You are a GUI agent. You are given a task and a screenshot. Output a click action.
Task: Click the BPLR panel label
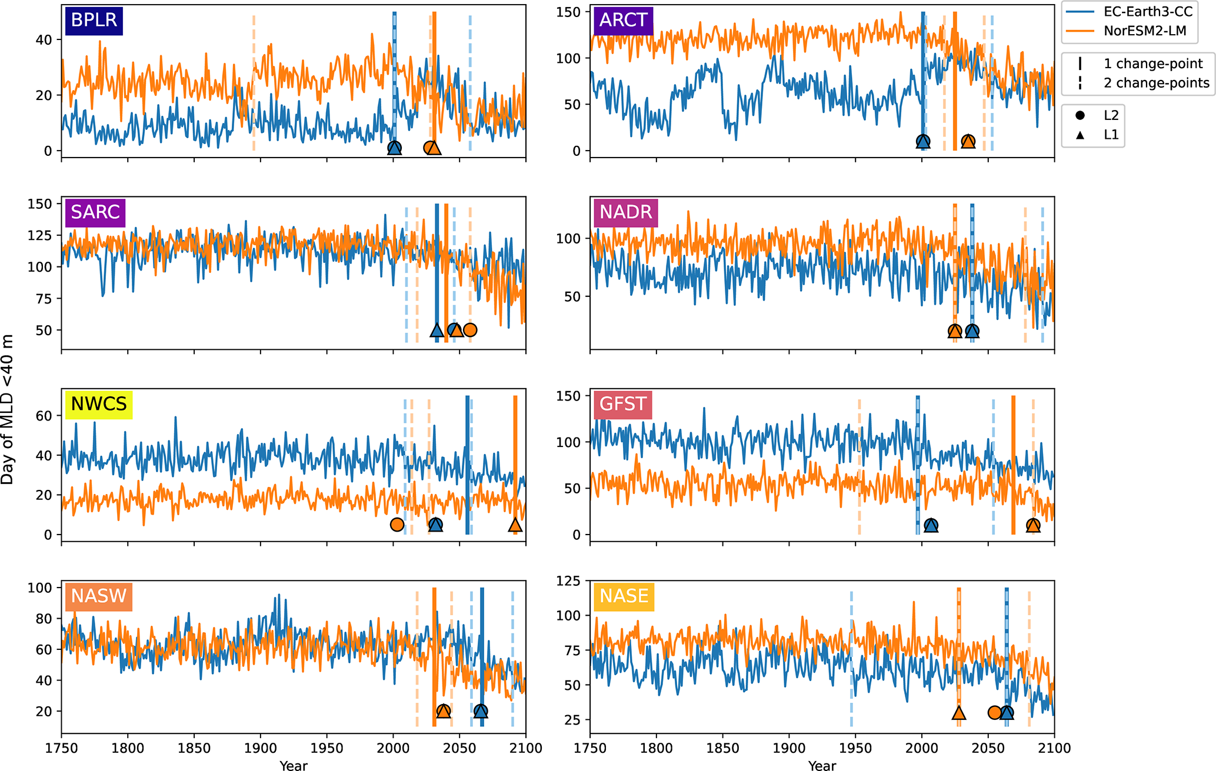coord(94,20)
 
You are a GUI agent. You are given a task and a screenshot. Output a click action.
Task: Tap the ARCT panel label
coord(623,20)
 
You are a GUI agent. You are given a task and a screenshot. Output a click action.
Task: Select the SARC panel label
coord(95,212)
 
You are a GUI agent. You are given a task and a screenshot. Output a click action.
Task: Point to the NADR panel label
coord(625,212)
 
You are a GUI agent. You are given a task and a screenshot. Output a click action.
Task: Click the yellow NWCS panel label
coord(98,404)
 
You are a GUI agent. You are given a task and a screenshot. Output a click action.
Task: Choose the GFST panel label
coord(622,404)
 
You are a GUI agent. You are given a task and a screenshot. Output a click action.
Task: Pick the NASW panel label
coord(98,596)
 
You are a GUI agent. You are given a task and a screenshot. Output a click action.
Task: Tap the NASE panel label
coord(624,596)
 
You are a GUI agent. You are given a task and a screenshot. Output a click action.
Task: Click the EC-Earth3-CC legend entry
coord(1148,12)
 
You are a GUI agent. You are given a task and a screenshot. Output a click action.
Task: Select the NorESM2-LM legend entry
coord(1144,31)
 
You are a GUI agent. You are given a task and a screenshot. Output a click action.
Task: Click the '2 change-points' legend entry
coord(1156,83)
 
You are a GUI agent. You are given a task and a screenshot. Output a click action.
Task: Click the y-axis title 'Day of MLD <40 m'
coord(7,409)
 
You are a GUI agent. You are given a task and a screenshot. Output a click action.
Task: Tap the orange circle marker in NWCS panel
coord(397,525)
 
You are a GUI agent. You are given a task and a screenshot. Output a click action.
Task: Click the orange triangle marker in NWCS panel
coord(515,525)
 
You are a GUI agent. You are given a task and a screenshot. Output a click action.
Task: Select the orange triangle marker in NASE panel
coord(959,713)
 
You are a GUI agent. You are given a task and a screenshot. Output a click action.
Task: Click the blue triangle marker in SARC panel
coord(437,331)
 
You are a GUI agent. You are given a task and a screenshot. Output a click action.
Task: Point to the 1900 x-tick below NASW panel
coord(261,748)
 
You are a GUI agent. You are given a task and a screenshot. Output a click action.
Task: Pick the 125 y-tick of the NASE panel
coord(568,581)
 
